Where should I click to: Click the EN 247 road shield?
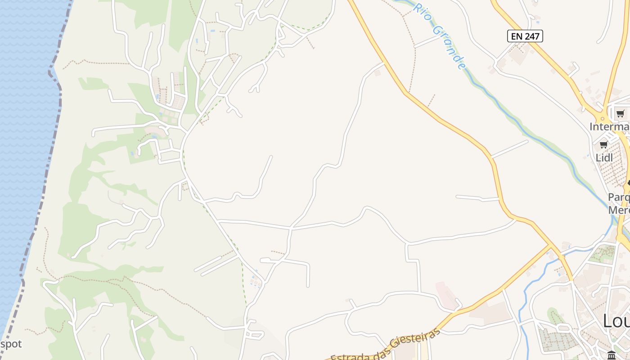pos(525,36)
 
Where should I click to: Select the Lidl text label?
pos(604,158)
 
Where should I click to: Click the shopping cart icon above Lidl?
pos(603,145)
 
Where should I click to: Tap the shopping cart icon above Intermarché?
pos(620,113)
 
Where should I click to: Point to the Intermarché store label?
pos(610,127)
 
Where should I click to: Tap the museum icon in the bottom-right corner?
pos(611,355)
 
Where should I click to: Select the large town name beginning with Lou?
pos(616,321)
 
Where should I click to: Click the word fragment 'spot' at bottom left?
pos(11,344)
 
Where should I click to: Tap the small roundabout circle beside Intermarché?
pos(602,118)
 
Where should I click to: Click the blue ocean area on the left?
pos(22,135)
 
